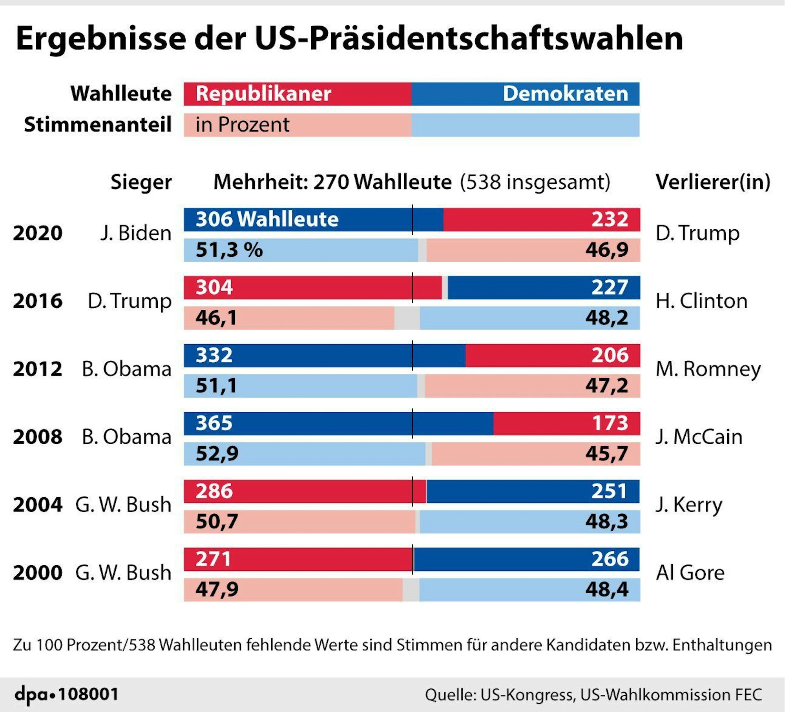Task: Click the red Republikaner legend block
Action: coord(298,94)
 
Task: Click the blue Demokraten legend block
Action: coord(525,94)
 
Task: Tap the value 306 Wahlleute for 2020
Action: coord(267,219)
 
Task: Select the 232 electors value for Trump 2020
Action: coord(610,219)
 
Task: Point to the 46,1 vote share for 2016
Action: coord(216,318)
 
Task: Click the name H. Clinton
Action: coord(701,301)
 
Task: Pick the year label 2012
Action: coord(38,369)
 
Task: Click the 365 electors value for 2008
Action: coord(214,423)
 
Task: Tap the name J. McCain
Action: coord(699,437)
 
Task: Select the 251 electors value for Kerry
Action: coord(609,491)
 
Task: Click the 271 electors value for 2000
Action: coord(214,559)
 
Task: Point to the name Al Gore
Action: coord(690,573)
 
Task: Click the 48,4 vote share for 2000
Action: coord(607,590)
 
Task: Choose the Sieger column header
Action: coord(141,182)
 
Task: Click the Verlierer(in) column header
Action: coord(713,182)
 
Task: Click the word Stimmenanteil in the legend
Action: coord(98,125)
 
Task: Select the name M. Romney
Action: coord(708,369)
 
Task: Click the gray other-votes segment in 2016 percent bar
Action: coord(407,318)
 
